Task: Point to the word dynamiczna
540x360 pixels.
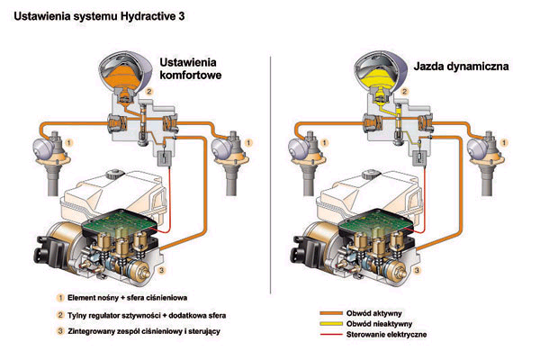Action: pyautogui.click(x=481, y=67)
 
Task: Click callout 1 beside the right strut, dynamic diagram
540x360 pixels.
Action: pyautogui.click(x=511, y=142)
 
